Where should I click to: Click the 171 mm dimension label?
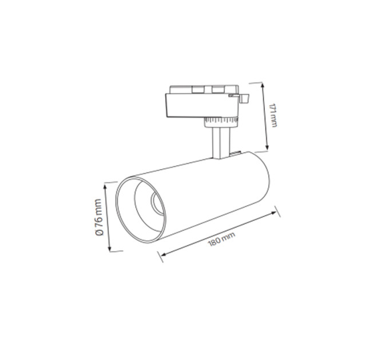(273, 115)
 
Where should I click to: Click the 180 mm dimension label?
(221, 239)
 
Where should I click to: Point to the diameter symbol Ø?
(99, 233)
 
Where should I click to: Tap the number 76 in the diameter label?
(99, 222)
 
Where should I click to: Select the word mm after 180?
(228, 236)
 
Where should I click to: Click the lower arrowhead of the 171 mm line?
(267, 147)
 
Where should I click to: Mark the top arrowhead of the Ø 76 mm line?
(105, 186)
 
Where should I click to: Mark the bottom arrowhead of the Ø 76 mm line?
(109, 249)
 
